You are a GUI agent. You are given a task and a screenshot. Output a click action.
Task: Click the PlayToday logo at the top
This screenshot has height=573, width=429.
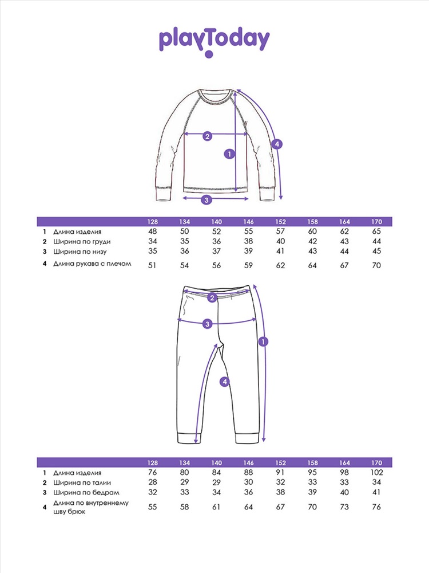click(x=214, y=41)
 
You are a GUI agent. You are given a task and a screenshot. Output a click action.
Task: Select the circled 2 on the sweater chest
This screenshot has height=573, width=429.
click(x=208, y=136)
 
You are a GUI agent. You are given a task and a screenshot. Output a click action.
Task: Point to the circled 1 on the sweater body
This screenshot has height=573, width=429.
click(x=229, y=154)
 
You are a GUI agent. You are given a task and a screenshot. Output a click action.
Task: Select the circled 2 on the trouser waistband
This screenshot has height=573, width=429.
click(x=212, y=297)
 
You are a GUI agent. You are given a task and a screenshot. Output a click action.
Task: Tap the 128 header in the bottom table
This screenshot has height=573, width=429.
click(x=152, y=462)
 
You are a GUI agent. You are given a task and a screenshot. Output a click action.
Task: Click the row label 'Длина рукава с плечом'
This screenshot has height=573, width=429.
click(x=93, y=264)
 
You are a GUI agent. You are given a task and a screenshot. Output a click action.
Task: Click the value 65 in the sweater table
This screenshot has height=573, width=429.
click(x=376, y=232)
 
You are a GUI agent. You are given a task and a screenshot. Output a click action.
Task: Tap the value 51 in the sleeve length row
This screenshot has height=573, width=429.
click(x=152, y=265)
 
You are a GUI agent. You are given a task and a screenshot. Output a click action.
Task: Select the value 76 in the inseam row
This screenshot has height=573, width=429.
click(x=376, y=507)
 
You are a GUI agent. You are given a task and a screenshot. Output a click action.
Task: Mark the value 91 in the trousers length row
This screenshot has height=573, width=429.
click(x=280, y=473)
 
